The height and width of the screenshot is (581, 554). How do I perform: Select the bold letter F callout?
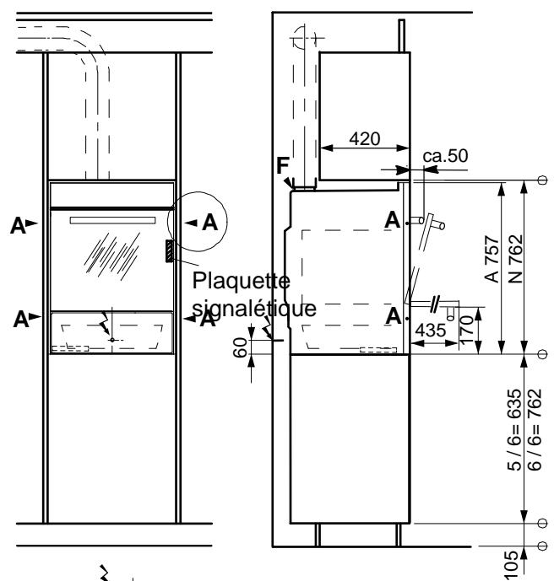(281, 165)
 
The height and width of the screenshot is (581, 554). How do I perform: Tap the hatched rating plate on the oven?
(170, 250)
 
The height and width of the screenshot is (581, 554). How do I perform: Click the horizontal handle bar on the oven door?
(113, 221)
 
